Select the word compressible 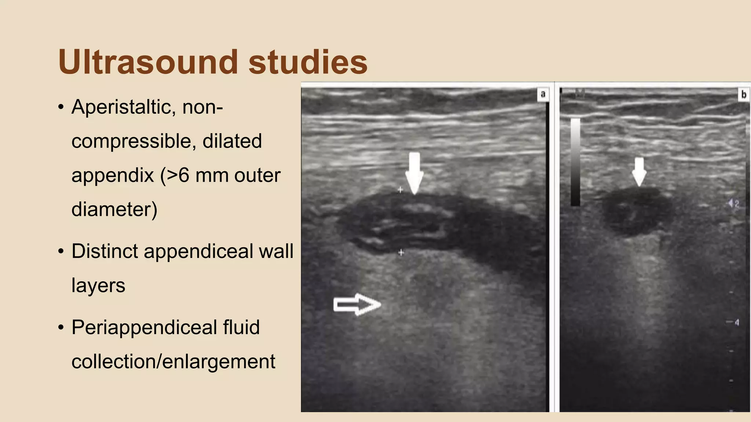[x=130, y=141]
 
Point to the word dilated [x=232, y=141]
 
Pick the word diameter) [x=114, y=209]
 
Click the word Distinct [x=105, y=251]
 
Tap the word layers [x=98, y=285]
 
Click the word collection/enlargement [x=173, y=362]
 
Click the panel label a [x=543, y=95]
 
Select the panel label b [x=744, y=95]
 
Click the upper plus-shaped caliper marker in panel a [x=400, y=190]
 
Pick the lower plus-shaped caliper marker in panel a [x=401, y=252]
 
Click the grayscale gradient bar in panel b [x=575, y=162]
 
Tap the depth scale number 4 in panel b [x=736, y=322]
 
